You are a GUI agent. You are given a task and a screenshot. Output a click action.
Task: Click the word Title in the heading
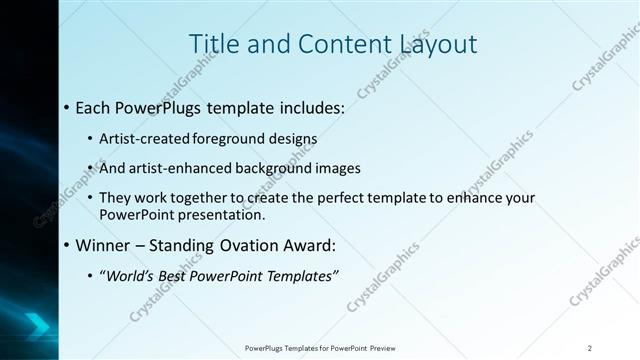click(213, 44)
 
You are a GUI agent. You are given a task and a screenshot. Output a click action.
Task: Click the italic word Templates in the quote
click(299, 275)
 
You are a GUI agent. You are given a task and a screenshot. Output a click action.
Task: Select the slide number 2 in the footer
click(590, 348)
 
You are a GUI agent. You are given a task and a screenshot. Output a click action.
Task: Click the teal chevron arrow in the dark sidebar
click(38, 322)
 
